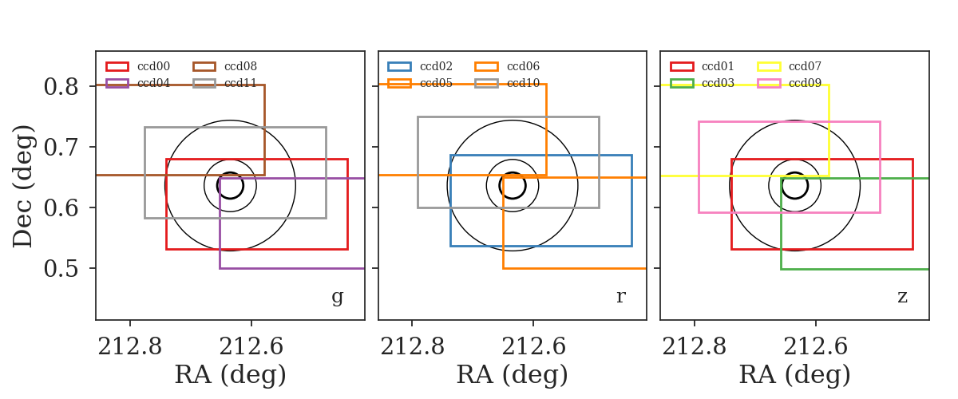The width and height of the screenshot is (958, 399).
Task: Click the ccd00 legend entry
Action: (137, 66)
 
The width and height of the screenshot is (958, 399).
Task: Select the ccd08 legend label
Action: (241, 66)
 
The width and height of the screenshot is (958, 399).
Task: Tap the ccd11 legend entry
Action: (225, 83)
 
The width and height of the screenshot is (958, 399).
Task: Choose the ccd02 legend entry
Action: (420, 66)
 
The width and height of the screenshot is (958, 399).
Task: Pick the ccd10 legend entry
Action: (507, 83)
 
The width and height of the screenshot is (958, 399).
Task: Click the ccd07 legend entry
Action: (790, 66)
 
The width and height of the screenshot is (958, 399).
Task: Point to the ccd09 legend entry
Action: (790, 83)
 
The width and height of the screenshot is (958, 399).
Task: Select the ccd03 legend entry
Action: (703, 83)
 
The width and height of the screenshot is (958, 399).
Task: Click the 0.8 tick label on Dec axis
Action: (61, 87)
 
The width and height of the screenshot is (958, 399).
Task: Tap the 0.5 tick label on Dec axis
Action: (61, 269)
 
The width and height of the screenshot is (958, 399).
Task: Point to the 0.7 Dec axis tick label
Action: (61, 148)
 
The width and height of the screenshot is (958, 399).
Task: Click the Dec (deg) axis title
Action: (22, 186)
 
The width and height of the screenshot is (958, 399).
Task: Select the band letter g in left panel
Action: (338, 297)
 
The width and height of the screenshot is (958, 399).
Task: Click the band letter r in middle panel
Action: (621, 296)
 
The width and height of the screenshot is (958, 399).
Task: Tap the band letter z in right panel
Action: (902, 296)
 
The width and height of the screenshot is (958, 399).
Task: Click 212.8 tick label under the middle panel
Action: (412, 346)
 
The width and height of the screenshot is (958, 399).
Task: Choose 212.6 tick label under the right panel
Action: (816, 346)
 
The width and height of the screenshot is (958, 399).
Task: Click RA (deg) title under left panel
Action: (230, 375)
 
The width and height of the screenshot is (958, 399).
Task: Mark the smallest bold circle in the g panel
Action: (230, 173)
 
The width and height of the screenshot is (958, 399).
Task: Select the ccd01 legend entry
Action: (703, 66)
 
